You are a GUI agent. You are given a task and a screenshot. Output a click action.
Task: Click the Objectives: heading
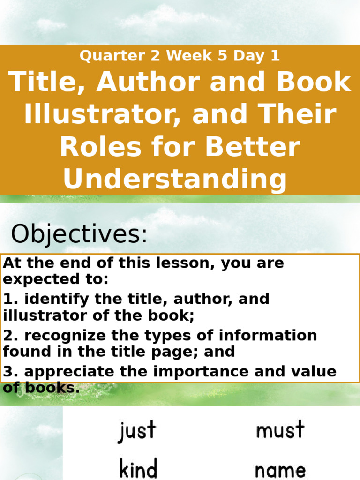click(x=79, y=234)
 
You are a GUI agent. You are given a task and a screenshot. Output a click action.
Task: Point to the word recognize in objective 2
click(x=54, y=336)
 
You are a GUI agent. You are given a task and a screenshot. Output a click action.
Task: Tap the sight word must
click(x=280, y=429)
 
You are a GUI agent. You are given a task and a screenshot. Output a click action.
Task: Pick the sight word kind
click(x=138, y=468)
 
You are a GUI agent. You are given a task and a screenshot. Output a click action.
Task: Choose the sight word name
click(x=280, y=470)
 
